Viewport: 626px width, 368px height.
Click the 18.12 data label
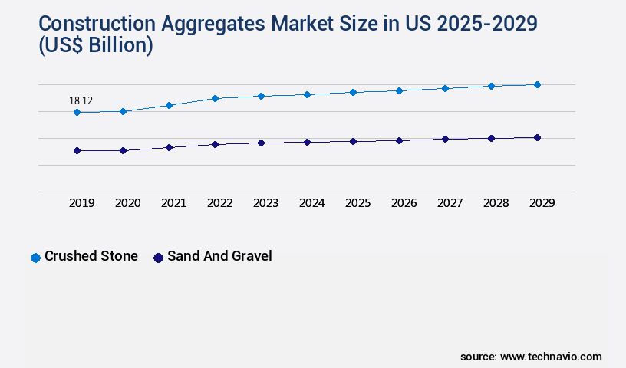coord(81,100)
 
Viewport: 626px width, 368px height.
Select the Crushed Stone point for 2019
coord(77,113)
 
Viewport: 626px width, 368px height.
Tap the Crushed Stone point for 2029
coord(537,84)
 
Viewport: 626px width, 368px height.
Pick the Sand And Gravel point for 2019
coord(77,151)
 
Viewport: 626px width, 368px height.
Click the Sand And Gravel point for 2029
coord(537,138)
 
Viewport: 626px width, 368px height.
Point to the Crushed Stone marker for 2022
coord(215,98)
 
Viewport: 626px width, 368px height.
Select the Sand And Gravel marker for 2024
coord(307,142)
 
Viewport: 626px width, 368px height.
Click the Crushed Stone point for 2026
coord(399,90)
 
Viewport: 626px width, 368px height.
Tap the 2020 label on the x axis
coord(128,203)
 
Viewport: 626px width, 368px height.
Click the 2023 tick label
coord(266,203)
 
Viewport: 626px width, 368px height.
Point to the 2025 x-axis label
coord(358,203)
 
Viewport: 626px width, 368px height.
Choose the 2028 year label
coord(496,203)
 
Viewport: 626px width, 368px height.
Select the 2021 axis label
coord(174,203)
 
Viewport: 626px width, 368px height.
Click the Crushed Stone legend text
coord(91,256)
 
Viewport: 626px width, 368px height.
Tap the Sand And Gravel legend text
coord(219,256)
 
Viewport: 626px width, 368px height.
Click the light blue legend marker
coord(35,258)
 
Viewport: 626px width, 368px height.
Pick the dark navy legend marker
coord(158,258)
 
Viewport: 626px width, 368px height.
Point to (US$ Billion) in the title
coord(95,46)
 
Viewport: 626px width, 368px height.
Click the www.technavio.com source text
coord(551,356)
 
